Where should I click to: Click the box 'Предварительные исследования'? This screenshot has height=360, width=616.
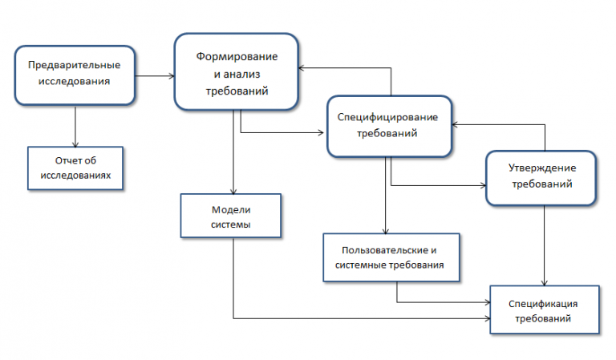(x=75, y=75)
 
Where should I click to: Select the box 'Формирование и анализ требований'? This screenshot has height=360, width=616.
(x=236, y=71)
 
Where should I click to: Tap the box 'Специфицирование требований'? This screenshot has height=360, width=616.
(x=389, y=126)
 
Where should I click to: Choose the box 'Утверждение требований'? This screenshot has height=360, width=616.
(x=541, y=177)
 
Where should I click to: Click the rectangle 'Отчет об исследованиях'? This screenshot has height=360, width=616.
(x=75, y=168)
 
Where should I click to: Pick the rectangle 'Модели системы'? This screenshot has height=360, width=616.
(x=231, y=216)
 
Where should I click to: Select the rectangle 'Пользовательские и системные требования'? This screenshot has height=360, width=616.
(x=391, y=257)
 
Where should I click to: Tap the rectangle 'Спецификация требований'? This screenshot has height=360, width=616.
(x=545, y=309)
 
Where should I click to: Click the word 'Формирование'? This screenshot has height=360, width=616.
(x=237, y=57)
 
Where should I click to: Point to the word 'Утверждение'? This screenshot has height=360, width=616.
(x=542, y=168)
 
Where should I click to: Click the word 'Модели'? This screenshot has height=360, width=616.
(x=231, y=209)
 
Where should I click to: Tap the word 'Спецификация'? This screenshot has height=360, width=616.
(x=543, y=304)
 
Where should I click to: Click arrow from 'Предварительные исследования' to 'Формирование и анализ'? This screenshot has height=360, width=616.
(x=155, y=76)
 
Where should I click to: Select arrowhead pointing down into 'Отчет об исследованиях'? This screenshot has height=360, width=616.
(x=75, y=144)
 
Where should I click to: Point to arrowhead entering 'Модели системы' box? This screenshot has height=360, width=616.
(x=233, y=191)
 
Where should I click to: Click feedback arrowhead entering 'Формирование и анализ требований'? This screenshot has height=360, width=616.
(x=302, y=68)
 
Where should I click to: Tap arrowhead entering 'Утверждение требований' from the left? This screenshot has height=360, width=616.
(x=483, y=185)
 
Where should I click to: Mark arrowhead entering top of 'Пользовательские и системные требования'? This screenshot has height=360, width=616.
(x=385, y=231)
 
